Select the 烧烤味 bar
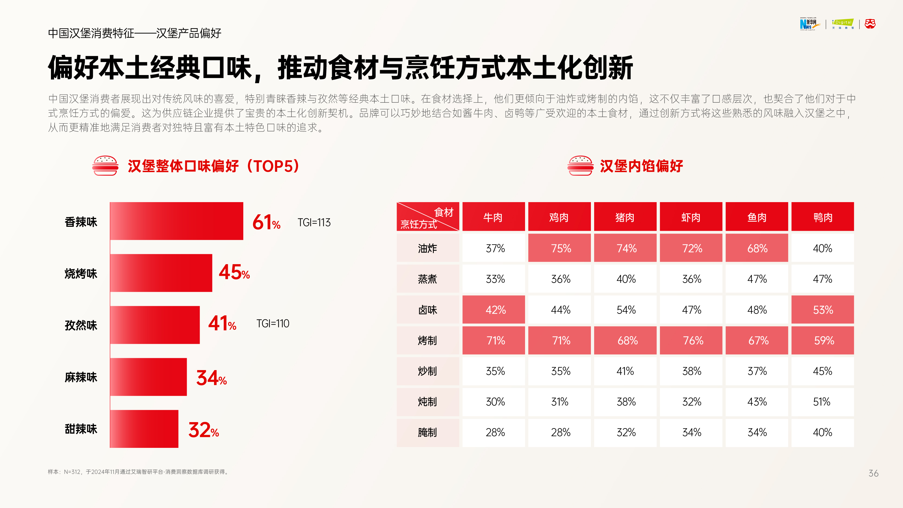pyautogui.click(x=161, y=273)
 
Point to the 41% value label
pyautogui.click(x=222, y=323)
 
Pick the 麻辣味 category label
pyautogui.click(x=81, y=377)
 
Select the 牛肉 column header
pyautogui.click(x=493, y=217)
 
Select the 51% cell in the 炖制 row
pyautogui.click(x=822, y=402)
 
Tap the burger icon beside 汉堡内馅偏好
pyautogui.click(x=580, y=166)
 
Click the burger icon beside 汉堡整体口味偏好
pyautogui.click(x=105, y=166)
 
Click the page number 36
pyautogui.click(x=873, y=473)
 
